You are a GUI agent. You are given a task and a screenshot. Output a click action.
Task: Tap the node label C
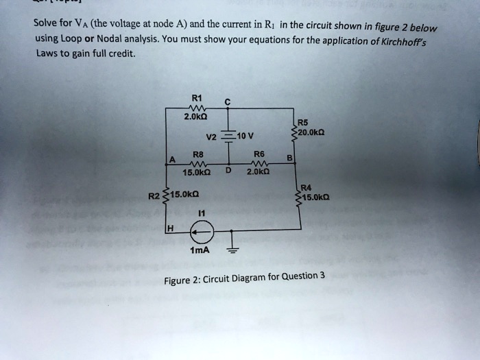[227, 104]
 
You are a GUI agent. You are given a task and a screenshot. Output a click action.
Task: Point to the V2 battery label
[211, 135]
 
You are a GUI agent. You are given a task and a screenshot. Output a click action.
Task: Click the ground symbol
[231, 250]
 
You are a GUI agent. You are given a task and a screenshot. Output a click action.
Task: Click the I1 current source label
[200, 215]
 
